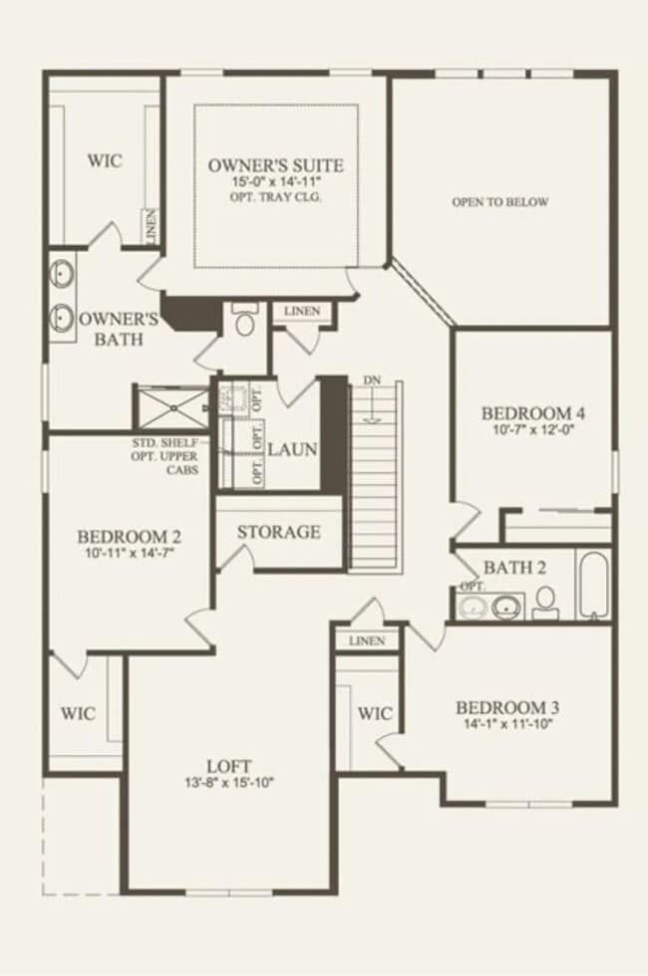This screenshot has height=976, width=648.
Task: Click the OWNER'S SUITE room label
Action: click(275, 165)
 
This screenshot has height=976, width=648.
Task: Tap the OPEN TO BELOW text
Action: click(499, 202)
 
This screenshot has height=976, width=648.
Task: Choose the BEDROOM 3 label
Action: click(507, 708)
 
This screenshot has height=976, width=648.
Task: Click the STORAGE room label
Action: click(279, 532)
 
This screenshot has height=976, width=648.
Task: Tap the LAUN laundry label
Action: click(292, 449)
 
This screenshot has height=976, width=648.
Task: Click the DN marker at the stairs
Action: click(372, 380)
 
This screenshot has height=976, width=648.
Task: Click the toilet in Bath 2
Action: click(545, 601)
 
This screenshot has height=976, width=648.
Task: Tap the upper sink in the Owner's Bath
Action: click(62, 273)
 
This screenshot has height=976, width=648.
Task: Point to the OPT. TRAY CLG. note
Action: click(275, 197)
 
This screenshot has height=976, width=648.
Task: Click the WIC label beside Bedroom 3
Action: click(375, 714)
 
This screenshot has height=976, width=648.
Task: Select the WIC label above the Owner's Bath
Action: click(105, 160)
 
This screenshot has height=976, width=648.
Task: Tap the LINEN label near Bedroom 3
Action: click(367, 640)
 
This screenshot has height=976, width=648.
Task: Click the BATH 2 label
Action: click(514, 568)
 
